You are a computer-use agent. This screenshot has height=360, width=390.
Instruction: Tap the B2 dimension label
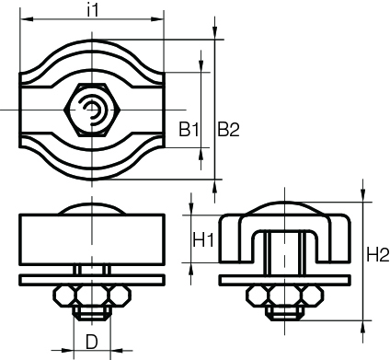(228, 130)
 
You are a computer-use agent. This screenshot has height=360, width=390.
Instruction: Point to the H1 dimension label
(203, 240)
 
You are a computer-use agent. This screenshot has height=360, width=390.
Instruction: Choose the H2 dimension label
(375, 254)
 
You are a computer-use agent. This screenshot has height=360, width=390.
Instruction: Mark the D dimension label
(91, 342)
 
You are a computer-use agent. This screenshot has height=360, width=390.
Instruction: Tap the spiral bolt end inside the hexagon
(92, 111)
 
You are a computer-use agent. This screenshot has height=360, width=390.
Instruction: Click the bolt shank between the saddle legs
(284, 254)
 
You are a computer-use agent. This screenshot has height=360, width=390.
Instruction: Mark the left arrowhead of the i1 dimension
(23, 18)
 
